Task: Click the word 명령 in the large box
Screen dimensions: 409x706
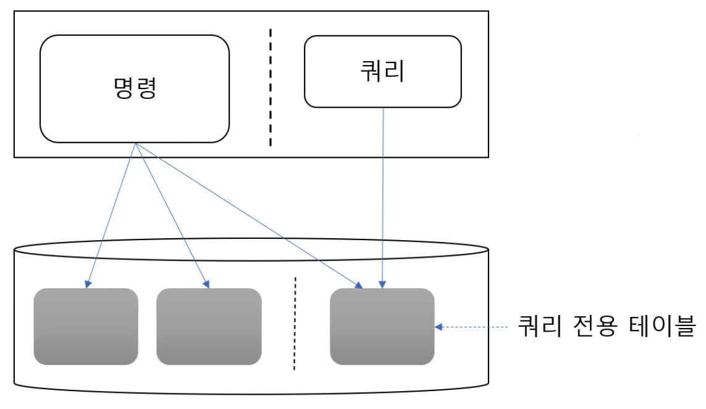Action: (134, 88)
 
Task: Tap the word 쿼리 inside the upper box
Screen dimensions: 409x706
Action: (382, 71)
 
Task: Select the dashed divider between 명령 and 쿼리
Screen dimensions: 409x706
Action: (270, 87)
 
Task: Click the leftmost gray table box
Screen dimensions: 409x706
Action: (85, 326)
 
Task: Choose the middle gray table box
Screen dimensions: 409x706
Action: (209, 326)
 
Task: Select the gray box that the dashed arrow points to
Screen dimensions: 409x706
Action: (382, 326)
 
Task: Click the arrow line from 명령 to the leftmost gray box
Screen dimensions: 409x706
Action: (111, 213)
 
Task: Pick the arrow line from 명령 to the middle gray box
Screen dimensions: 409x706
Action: (171, 213)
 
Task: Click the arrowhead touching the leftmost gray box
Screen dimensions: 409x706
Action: (88, 284)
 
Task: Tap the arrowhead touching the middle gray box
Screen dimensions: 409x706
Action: (206, 284)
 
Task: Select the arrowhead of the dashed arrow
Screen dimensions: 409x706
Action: (439, 326)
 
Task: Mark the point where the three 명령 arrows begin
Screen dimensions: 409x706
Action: (135, 144)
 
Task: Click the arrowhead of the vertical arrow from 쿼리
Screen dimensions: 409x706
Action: (383, 284)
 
